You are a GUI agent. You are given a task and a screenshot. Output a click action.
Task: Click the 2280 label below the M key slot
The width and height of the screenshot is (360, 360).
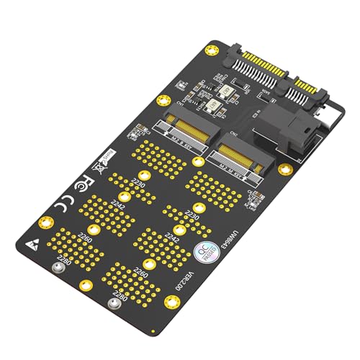(121, 295)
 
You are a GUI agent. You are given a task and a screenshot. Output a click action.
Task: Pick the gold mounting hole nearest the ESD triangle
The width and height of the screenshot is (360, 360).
(42, 221)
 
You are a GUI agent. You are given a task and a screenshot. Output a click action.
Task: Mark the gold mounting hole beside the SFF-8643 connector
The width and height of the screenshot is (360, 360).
(285, 170)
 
